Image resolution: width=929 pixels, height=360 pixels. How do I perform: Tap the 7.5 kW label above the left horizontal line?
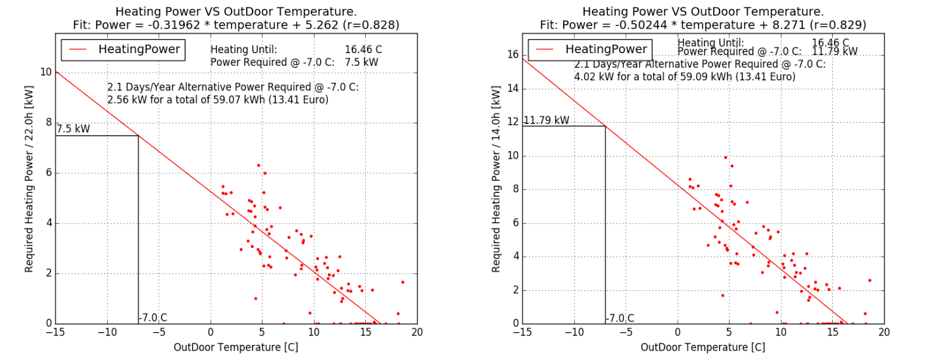point(73,129)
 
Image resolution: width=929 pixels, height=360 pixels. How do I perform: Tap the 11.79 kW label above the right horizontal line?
point(546,120)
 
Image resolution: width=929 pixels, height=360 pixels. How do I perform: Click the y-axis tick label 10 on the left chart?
point(46,72)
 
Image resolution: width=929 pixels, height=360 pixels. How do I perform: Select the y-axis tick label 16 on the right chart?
point(513,55)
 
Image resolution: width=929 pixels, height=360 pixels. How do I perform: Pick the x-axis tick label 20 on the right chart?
point(884,332)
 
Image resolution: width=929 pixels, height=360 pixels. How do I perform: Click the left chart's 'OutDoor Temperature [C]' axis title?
point(236,347)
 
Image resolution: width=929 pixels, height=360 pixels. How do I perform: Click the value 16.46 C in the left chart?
point(363,49)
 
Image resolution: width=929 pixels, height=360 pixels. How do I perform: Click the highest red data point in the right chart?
point(726,158)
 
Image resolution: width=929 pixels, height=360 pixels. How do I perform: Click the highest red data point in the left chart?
point(258,165)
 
